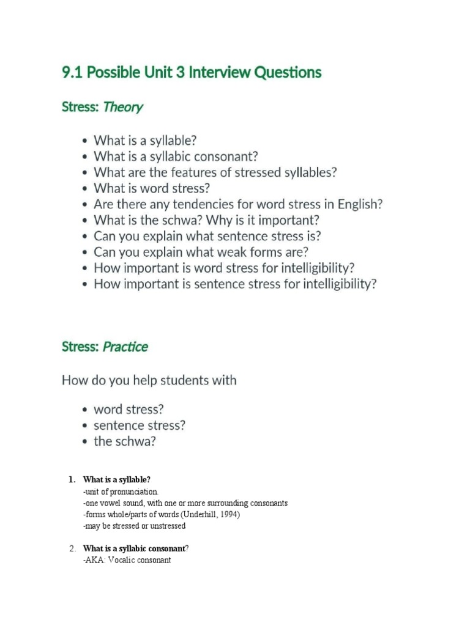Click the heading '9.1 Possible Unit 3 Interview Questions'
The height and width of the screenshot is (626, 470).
coord(191,73)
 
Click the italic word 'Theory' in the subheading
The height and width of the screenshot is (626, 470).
coord(123,108)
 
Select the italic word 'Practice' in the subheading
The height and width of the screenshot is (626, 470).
coord(125,347)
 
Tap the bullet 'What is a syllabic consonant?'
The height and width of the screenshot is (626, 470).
coord(176,156)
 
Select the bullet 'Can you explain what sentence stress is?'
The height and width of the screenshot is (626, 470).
coord(207,236)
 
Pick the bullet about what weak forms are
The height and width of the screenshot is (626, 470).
coord(201,252)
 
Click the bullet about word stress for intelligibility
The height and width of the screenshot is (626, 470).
coord(224,268)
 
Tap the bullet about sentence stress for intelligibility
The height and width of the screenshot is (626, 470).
coord(235,284)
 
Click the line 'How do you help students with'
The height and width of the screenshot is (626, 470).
coord(149,380)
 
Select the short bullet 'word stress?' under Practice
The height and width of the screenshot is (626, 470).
coord(129,409)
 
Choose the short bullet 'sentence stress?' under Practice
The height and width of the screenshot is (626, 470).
coord(139,425)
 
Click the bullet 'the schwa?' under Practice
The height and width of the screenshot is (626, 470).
coord(124,441)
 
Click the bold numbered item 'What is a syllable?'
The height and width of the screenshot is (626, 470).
coord(116,480)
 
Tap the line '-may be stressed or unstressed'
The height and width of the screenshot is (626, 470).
coord(133,526)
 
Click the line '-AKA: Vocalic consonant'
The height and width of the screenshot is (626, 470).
coord(127,559)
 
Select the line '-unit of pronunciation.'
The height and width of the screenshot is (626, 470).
coord(121,492)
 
